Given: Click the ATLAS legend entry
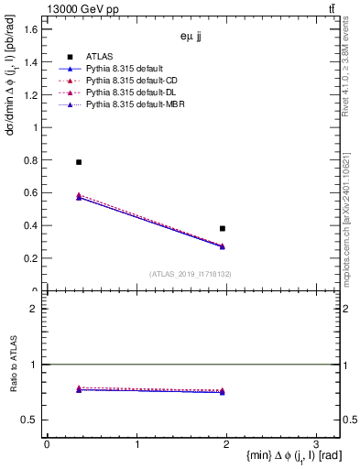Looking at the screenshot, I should (101, 56).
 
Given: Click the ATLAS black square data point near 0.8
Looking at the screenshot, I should (79, 162).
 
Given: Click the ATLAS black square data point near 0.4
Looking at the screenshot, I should (223, 228).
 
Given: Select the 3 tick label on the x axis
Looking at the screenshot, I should (315, 444).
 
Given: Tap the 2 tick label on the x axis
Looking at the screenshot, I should (225, 444).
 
